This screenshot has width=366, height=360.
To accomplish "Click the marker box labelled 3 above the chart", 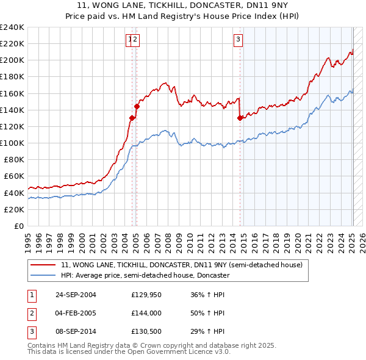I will click(238, 40).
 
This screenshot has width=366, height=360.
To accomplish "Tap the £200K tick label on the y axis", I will click(12, 60).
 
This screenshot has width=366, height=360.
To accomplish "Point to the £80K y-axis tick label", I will click(13, 160).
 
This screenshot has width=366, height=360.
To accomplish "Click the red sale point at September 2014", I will click(240, 118).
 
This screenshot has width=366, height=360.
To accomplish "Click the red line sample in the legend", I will click(43, 265).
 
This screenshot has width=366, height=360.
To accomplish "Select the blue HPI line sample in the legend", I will click(43, 275).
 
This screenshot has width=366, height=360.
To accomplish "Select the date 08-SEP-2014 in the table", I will click(76, 332).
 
